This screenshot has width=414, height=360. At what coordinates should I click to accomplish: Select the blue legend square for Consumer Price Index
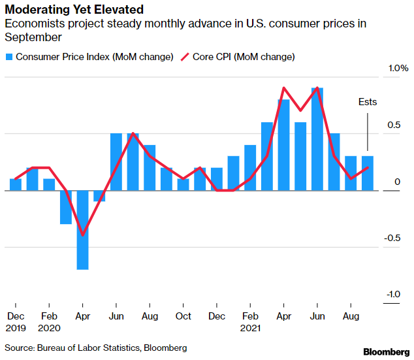[x=8, y=57]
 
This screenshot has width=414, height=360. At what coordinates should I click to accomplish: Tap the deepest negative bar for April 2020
[x=82, y=229]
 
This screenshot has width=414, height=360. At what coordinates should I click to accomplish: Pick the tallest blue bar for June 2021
[x=317, y=139]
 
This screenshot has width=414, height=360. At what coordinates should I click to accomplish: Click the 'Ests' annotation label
[x=368, y=103]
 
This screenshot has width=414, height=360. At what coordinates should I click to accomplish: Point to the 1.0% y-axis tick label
[x=398, y=68]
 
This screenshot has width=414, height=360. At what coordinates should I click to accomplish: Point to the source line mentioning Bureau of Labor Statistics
[x=97, y=348]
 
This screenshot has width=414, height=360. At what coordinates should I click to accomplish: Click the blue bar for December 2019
[x=16, y=184]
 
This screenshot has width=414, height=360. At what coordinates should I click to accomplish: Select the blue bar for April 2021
[x=283, y=144]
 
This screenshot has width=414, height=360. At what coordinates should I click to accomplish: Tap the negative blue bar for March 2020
[x=66, y=207]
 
